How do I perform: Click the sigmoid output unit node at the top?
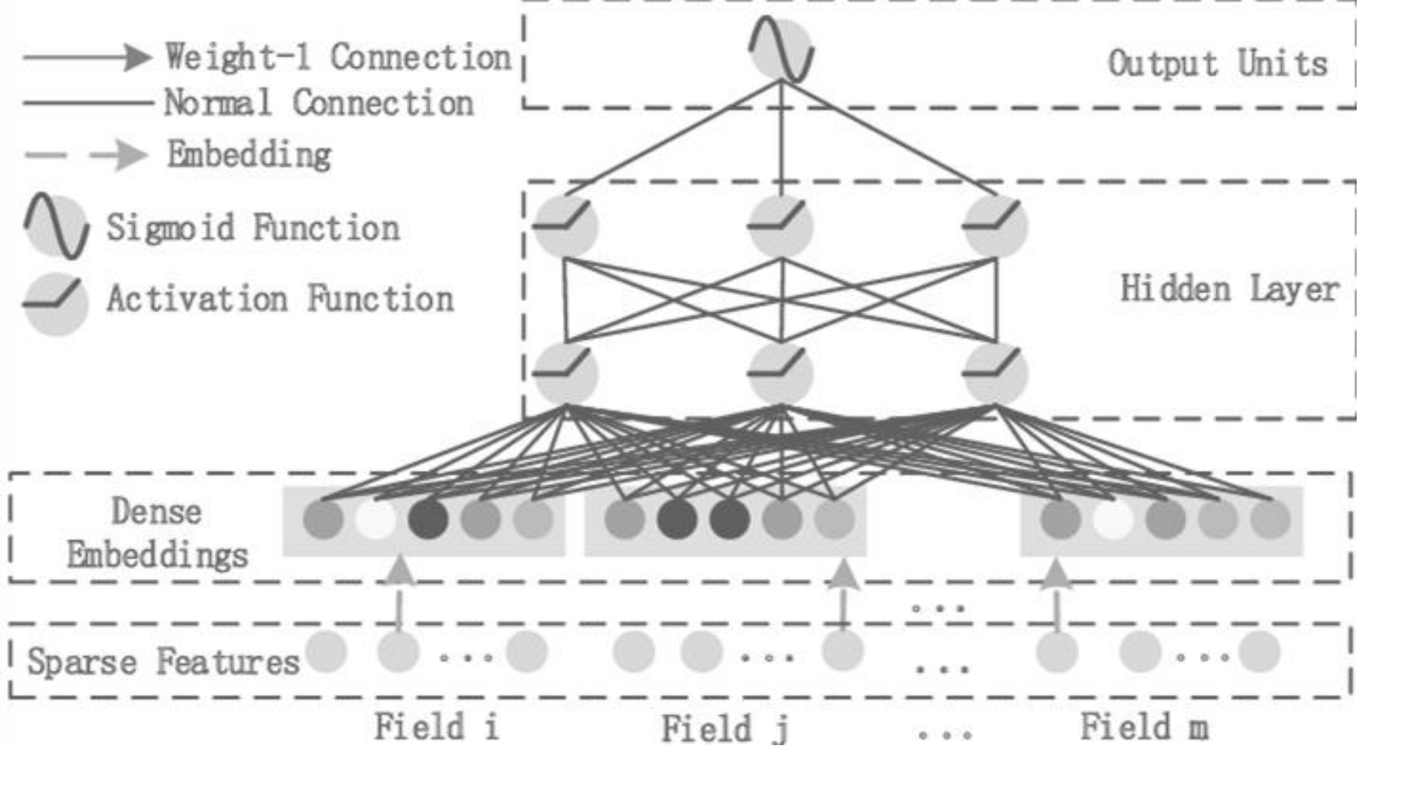pyautogui.click(x=781, y=49)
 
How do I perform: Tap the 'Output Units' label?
pyautogui.click(x=1217, y=64)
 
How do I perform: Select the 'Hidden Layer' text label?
pyautogui.click(x=1229, y=290)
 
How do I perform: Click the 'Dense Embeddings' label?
pyautogui.click(x=157, y=534)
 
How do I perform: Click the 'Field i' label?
pyautogui.click(x=436, y=727)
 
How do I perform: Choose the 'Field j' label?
pyautogui.click(x=724, y=728)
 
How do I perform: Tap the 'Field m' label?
pyautogui.click(x=1144, y=727)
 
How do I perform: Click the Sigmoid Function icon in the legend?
pyautogui.click(x=56, y=226)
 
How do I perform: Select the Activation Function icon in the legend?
pyautogui.click(x=56, y=304)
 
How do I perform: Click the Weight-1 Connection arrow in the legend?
pyautogui.click(x=87, y=58)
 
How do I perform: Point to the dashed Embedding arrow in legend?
pyautogui.click(x=87, y=154)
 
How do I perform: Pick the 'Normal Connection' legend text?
pyautogui.click(x=319, y=103)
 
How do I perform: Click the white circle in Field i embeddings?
pyautogui.click(x=375, y=519)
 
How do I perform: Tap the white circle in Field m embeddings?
pyautogui.click(x=1113, y=519)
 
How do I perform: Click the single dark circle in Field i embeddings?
pyautogui.click(x=428, y=519)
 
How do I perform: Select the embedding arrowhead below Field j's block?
pyautogui.click(x=843, y=575)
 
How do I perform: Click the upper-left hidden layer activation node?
pyautogui.click(x=565, y=226)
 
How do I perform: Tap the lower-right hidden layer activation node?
pyautogui.click(x=996, y=373)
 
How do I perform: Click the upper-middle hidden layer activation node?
pyautogui.click(x=781, y=226)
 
